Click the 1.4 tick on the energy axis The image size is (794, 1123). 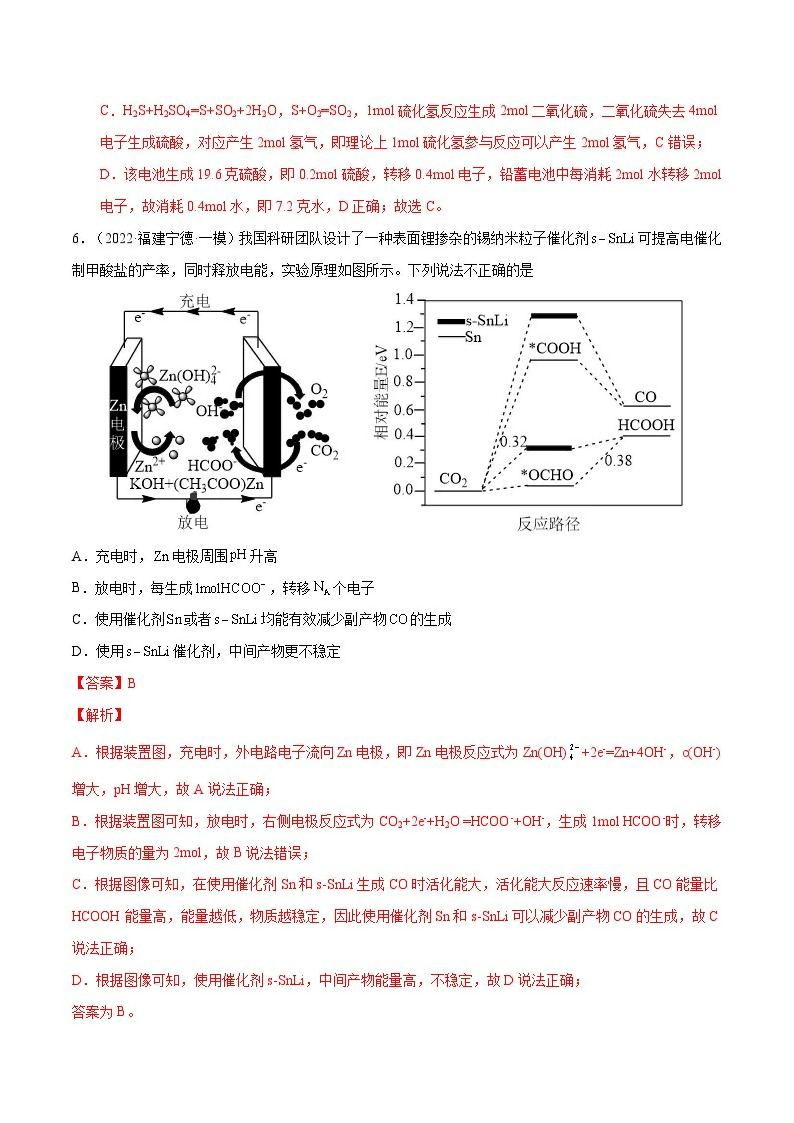click(x=404, y=299)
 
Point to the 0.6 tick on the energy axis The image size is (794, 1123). click(x=404, y=409)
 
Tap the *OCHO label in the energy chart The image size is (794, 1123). click(x=547, y=475)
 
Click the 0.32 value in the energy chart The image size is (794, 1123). click(x=513, y=442)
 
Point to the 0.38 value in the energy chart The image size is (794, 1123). click(x=618, y=460)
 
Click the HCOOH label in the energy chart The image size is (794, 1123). click(x=646, y=425)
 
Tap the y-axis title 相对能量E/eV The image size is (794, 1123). click(x=381, y=393)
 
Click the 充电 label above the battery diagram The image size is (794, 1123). click(x=194, y=301)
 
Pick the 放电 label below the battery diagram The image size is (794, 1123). click(x=192, y=522)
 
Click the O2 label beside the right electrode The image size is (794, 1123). click(x=319, y=390)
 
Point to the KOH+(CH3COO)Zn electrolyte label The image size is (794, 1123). click(x=197, y=484)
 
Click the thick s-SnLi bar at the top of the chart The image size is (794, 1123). click(x=554, y=316)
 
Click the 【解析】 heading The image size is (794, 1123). click(x=98, y=715)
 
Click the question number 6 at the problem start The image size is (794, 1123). click(x=76, y=239)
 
